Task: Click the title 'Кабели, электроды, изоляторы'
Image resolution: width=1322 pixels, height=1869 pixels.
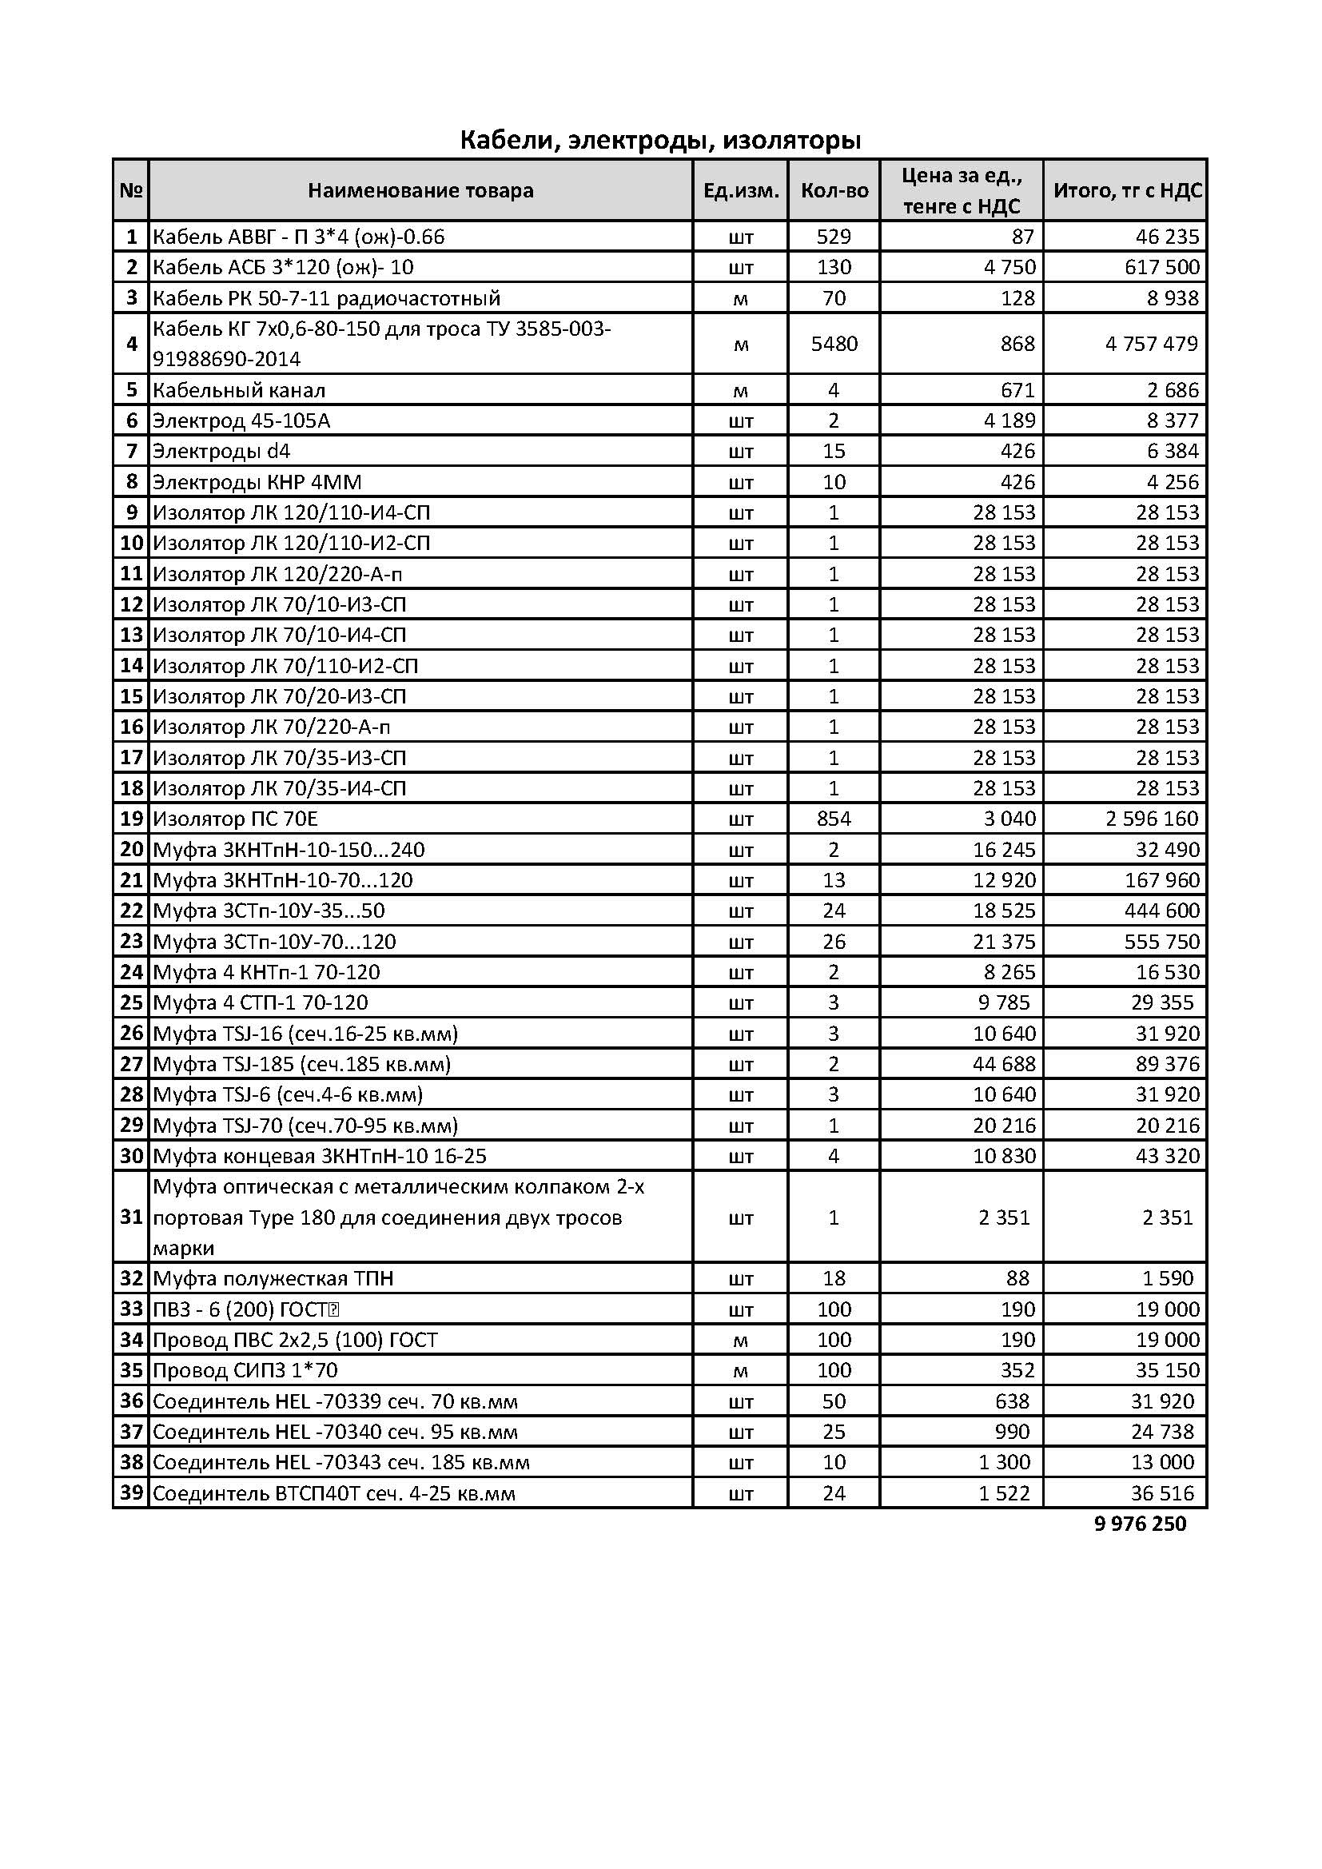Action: pyautogui.click(x=660, y=140)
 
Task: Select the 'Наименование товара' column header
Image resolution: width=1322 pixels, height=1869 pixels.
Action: pyautogui.click(x=420, y=190)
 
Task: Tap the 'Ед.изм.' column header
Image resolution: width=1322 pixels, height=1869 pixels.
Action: pyautogui.click(x=741, y=190)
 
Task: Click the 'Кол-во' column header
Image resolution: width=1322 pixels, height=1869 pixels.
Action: pyautogui.click(x=834, y=190)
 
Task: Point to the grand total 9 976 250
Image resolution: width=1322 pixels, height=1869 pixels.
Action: pyautogui.click(x=1140, y=1524)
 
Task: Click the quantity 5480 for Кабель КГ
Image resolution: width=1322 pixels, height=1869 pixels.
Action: pyautogui.click(x=834, y=344)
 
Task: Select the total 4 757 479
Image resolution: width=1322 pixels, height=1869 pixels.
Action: pyautogui.click(x=1151, y=344)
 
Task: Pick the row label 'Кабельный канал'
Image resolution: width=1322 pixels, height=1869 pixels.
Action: pyautogui.click(x=239, y=390)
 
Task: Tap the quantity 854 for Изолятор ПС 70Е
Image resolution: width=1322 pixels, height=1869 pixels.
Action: pyautogui.click(x=834, y=819)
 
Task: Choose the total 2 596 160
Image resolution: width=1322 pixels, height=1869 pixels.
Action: pyautogui.click(x=1151, y=819)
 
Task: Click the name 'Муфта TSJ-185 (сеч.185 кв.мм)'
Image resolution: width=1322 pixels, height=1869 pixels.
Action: pyautogui.click(x=302, y=1064)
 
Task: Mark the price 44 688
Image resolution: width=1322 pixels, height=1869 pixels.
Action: pyautogui.click(x=1004, y=1064)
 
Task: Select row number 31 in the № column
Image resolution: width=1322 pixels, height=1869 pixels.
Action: pyautogui.click(x=131, y=1217)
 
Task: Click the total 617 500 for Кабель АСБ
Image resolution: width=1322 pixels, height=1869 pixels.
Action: pyautogui.click(x=1161, y=267)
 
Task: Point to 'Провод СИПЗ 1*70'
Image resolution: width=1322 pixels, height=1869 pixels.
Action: pyautogui.click(x=245, y=1370)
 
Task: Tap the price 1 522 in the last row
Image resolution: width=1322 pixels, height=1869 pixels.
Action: pyautogui.click(x=1004, y=1493)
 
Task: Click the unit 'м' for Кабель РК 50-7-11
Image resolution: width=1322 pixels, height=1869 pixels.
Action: pyautogui.click(x=741, y=299)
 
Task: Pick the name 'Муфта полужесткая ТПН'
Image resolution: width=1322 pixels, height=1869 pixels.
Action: pyautogui.click(x=273, y=1278)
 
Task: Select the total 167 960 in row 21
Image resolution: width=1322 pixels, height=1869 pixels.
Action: pyautogui.click(x=1161, y=880)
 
